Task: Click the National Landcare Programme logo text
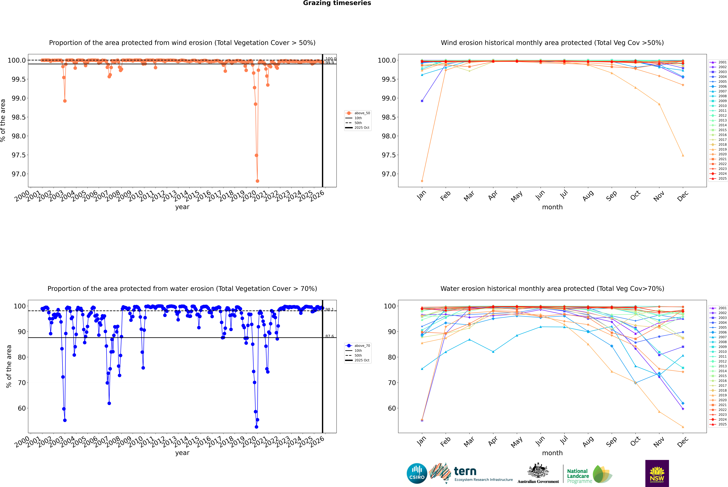(x=578, y=476)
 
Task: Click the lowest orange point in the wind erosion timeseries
(x=257, y=181)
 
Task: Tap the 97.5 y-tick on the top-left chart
(x=19, y=155)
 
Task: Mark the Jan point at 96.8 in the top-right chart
(x=422, y=181)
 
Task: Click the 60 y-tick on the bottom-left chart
(x=22, y=408)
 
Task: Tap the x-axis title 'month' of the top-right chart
(x=552, y=207)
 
